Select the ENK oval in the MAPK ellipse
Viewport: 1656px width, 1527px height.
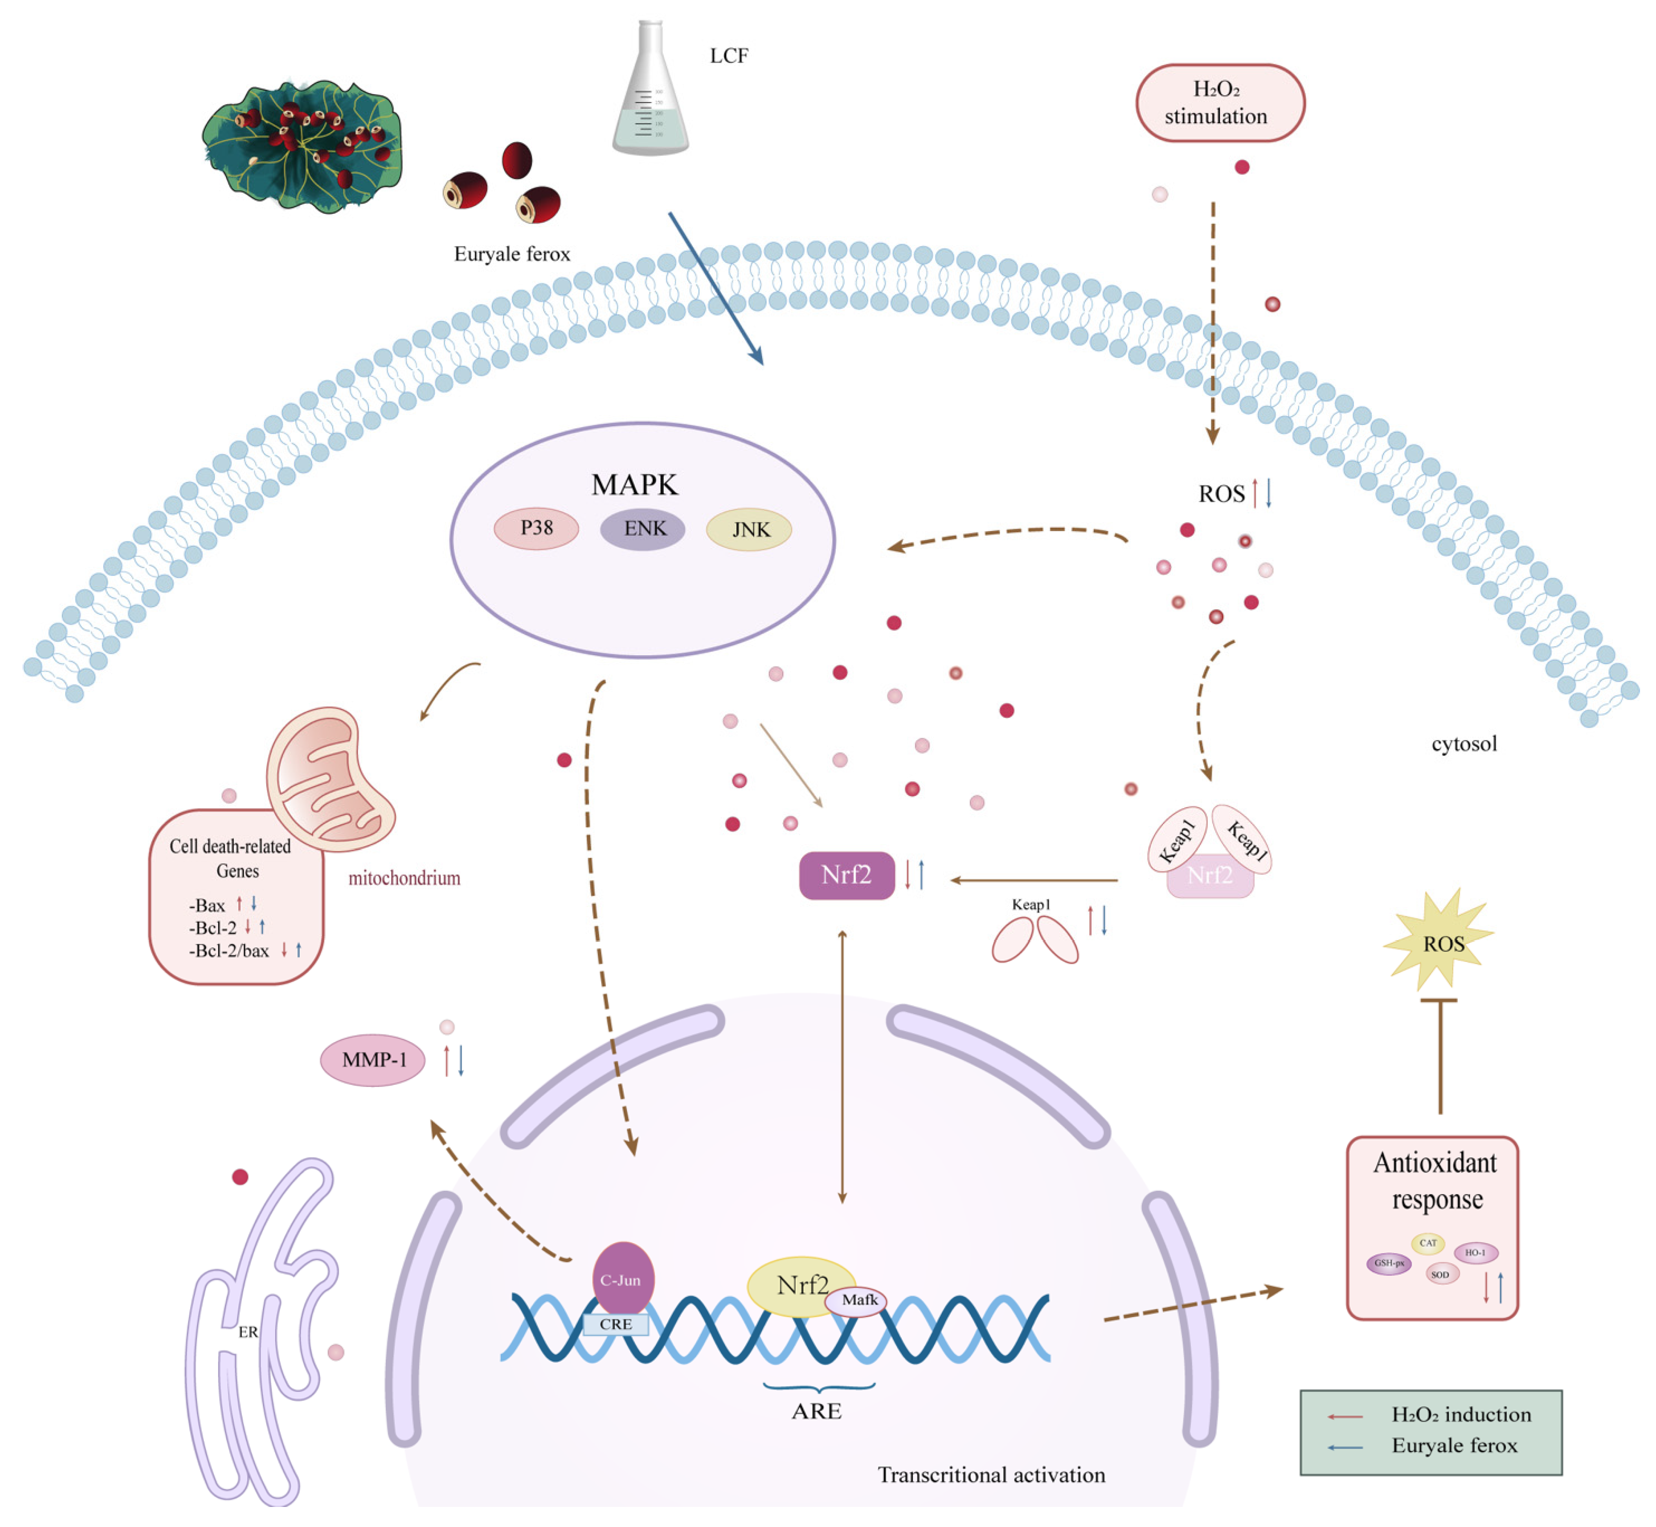(x=643, y=529)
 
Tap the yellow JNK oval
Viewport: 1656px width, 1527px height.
(x=749, y=529)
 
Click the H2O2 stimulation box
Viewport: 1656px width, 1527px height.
(x=1220, y=102)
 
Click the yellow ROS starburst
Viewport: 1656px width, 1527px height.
(x=1442, y=943)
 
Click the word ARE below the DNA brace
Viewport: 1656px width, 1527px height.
(x=817, y=1411)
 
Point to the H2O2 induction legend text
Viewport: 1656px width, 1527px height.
(x=1460, y=1415)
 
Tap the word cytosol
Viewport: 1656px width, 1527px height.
(x=1464, y=744)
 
